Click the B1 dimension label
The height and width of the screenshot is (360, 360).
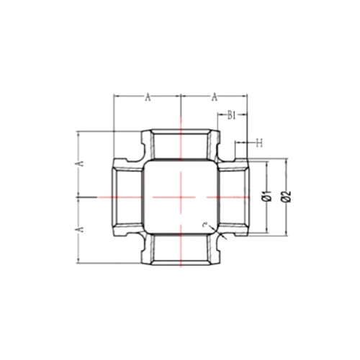point(231,116)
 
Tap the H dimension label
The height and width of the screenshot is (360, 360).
point(259,143)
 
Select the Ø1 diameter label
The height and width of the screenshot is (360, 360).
point(267,196)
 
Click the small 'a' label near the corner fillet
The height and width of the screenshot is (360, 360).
point(204,225)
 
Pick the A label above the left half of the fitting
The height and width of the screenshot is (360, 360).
point(148,97)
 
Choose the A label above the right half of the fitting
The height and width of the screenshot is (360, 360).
point(215,97)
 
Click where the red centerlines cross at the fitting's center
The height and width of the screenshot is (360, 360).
point(181,197)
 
